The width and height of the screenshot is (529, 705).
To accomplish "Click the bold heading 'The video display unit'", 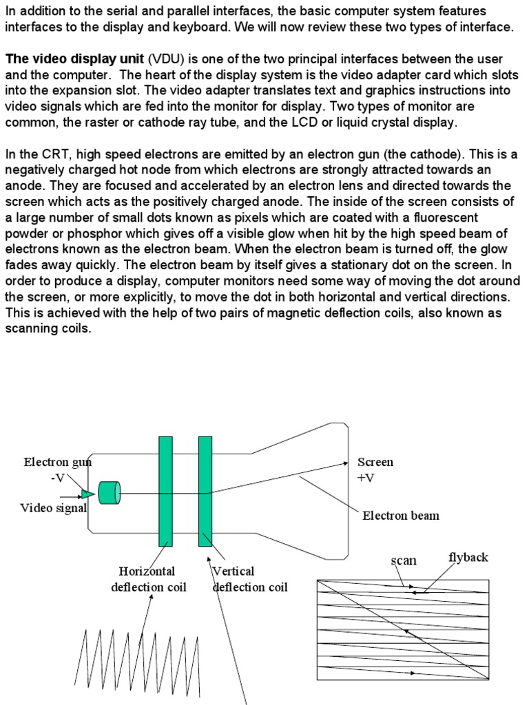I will pyautogui.click(x=74, y=59).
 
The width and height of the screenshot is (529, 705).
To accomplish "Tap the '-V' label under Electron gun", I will pyautogui.click(x=59, y=478).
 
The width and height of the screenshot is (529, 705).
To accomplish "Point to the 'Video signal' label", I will pyautogui.click(x=53, y=508).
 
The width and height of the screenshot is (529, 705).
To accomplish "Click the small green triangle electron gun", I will pyautogui.click(x=87, y=494).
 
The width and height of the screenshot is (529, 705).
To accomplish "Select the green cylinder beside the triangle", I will pyautogui.click(x=110, y=493).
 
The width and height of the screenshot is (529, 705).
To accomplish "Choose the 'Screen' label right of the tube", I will pyautogui.click(x=375, y=462).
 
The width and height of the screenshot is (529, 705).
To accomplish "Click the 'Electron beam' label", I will pyautogui.click(x=400, y=515).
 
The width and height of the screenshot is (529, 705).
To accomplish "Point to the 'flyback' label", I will pyautogui.click(x=468, y=557).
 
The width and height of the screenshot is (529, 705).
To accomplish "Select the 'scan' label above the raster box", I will pyautogui.click(x=404, y=560).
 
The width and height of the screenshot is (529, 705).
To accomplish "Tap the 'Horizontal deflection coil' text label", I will pyautogui.click(x=148, y=579).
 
